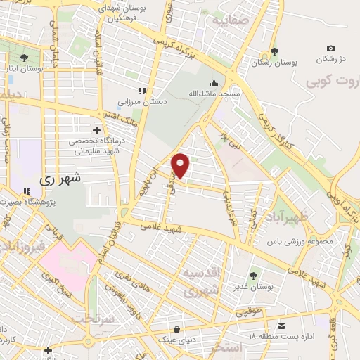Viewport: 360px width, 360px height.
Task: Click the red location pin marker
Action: click(181, 165)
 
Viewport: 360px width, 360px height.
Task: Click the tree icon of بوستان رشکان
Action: click(274, 51)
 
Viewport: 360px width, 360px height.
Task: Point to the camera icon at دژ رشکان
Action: click(330, 48)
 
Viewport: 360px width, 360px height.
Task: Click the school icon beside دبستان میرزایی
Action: click(141, 90)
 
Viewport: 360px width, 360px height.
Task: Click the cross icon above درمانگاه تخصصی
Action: click(97, 130)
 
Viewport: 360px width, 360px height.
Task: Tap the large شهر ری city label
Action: click(60, 179)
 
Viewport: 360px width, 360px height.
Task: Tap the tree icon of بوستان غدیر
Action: click(253, 275)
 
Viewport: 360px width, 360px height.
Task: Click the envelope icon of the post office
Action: click(281, 326)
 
